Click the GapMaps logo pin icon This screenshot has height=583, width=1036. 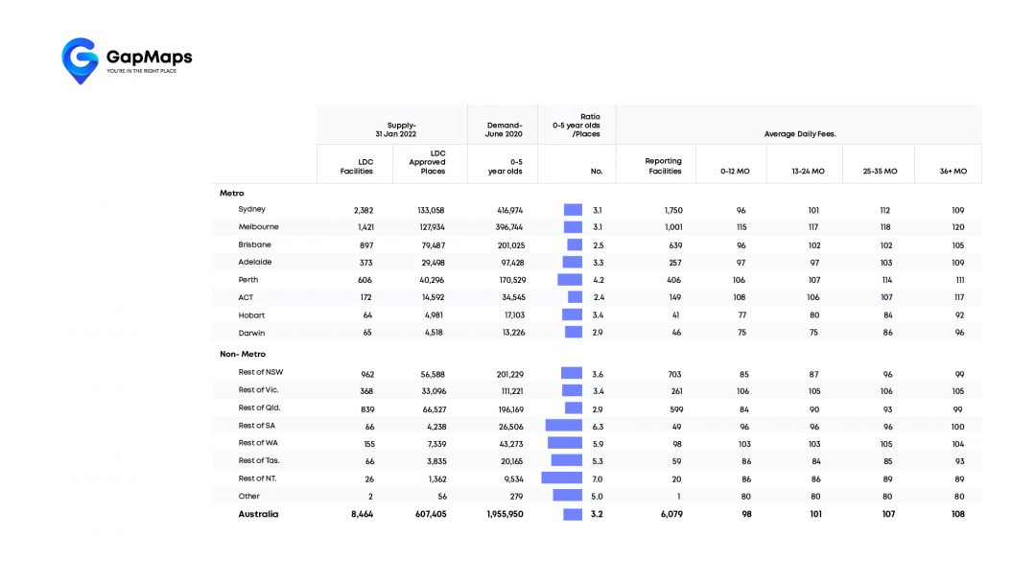click(80, 59)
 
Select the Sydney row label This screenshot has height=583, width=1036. click(252, 209)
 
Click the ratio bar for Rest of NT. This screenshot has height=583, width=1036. click(562, 478)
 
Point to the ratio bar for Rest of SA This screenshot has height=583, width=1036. click(564, 426)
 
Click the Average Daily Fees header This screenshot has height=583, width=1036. click(800, 134)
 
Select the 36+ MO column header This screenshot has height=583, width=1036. click(954, 172)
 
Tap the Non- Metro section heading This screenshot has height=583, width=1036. click(243, 355)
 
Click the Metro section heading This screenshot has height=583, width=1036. click(232, 194)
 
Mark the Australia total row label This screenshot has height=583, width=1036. click(258, 514)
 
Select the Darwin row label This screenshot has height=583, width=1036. click(252, 333)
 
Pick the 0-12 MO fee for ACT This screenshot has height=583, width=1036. click(739, 297)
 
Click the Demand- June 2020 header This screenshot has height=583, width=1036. click(504, 129)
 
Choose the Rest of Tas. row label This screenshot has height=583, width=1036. click(258, 461)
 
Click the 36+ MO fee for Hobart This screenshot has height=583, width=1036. click(957, 315)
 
